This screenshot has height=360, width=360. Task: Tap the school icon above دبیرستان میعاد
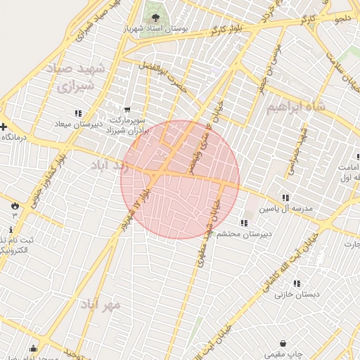pyautogui.click(x=78, y=112)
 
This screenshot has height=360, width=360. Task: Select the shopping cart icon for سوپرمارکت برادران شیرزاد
pyautogui.click(x=127, y=109)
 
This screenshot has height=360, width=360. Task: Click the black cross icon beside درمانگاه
pyautogui.click(x=4, y=127)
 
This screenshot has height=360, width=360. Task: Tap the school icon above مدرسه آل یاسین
pyautogui.click(x=285, y=198)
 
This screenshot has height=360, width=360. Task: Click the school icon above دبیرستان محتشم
pyautogui.click(x=244, y=223)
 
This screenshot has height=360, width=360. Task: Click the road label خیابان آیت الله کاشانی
pyautogui.click(x=291, y=264)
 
